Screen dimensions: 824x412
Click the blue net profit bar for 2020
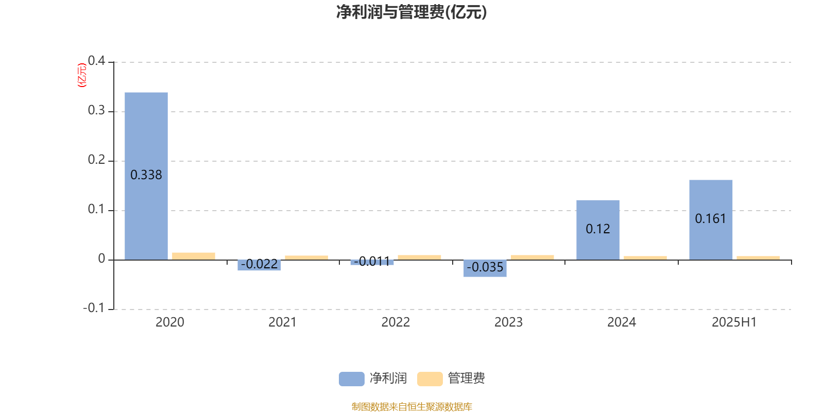click(146, 176)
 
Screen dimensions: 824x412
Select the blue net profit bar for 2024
click(598, 230)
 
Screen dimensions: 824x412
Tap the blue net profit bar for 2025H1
click(711, 220)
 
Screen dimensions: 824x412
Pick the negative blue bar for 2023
click(485, 268)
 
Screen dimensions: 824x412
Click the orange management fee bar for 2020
click(194, 256)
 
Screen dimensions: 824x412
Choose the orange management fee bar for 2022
click(419, 257)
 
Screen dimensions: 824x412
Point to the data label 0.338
click(146, 175)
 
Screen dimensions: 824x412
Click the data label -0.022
click(260, 264)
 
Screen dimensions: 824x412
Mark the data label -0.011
click(372, 262)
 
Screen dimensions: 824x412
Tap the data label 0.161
click(710, 219)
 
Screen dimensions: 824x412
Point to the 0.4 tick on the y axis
click(96, 61)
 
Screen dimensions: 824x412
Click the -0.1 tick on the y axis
click(94, 308)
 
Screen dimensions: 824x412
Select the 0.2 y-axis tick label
click(96, 160)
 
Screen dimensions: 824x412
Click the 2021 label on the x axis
click(283, 322)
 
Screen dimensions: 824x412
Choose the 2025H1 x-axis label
click(734, 322)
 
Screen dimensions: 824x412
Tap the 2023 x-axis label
click(508, 322)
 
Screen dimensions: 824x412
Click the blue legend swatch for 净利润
click(352, 379)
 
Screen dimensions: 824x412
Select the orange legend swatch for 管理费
click(430, 379)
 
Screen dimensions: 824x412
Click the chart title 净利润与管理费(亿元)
click(411, 12)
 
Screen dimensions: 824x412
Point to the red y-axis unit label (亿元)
click(82, 75)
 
